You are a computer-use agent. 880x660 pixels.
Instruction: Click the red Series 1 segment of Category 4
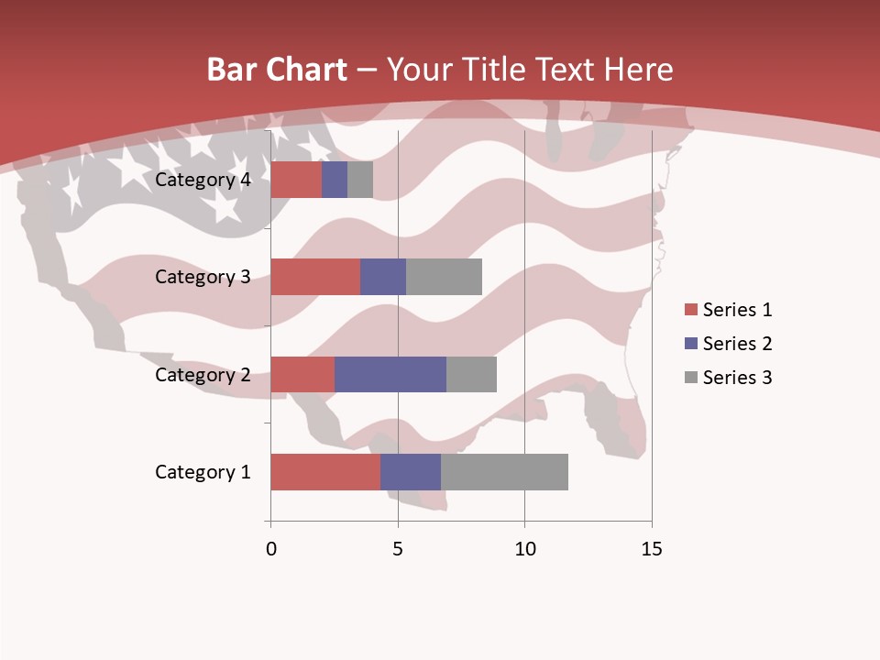point(296,180)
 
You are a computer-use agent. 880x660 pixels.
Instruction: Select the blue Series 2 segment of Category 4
point(335,180)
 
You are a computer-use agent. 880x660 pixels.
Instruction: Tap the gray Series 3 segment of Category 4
point(360,180)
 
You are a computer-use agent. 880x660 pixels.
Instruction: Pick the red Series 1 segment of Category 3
point(315,277)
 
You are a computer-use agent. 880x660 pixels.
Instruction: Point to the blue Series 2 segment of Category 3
point(383,277)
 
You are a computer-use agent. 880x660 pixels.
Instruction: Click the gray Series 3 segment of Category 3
point(444,277)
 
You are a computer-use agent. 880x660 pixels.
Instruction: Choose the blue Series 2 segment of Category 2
point(390,374)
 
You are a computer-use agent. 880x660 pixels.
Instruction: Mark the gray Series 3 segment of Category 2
point(471,374)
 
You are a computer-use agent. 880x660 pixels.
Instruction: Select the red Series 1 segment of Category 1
point(325,472)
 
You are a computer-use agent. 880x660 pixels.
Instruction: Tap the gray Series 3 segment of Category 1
point(504,472)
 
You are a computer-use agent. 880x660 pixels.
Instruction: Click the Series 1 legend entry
point(728,310)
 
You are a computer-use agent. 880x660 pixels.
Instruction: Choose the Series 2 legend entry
point(728,344)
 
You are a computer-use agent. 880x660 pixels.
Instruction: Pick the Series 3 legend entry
point(728,378)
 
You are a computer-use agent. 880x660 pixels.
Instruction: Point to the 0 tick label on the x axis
point(271,549)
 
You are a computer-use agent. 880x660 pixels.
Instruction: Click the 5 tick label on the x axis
point(398,549)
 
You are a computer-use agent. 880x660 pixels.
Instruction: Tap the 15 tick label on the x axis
point(651,549)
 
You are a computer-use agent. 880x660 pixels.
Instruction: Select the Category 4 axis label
point(203,180)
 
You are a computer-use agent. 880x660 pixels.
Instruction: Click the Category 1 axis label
point(203,472)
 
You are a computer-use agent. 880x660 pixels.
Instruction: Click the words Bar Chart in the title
point(277,70)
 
